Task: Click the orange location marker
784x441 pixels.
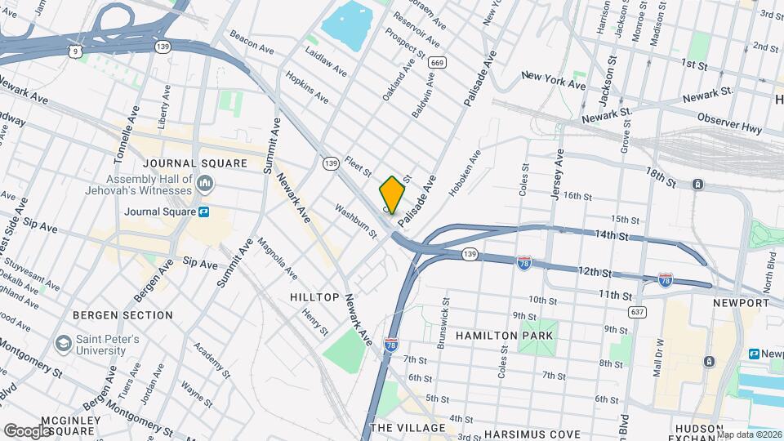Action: pyautogui.click(x=392, y=195)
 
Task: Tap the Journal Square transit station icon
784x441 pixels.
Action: pyautogui.click(x=203, y=212)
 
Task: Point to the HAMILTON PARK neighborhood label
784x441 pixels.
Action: pyautogui.click(x=505, y=336)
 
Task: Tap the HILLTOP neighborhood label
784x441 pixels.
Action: pyautogui.click(x=314, y=297)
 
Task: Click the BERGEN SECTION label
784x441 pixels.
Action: pyautogui.click(x=122, y=315)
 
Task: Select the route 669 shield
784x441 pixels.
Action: pyautogui.click(x=437, y=62)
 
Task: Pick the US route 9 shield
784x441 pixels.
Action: pyautogui.click(x=76, y=51)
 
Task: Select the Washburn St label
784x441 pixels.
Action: pyautogui.click(x=356, y=222)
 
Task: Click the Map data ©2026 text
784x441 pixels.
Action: pyautogui.click(x=748, y=434)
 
